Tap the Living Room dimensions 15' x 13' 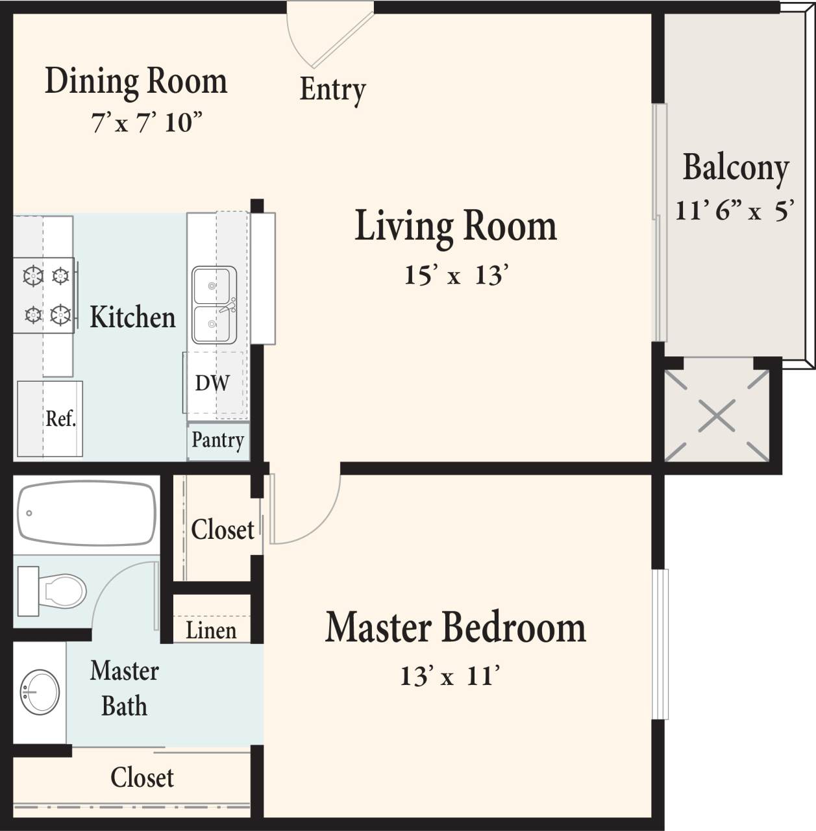pos(455,275)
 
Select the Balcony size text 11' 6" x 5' pos(735,210)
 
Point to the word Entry pos(332,90)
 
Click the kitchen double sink pos(214,305)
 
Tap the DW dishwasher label pos(212,383)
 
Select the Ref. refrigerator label pos(60,419)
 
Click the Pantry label pos(218,441)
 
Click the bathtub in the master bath pos(86,513)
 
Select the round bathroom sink pos(40,692)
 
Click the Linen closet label pos(211,630)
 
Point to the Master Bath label pos(124,688)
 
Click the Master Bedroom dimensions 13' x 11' pos(449,676)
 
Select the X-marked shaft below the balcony pos(717,415)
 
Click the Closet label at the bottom pos(142,778)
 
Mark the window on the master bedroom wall pos(660,644)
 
